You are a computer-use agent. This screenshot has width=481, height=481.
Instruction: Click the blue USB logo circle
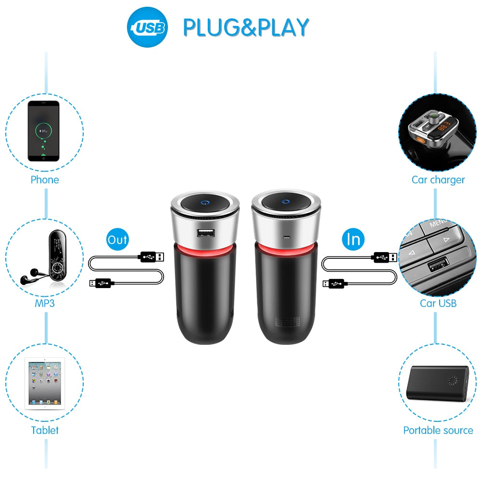point(147,27)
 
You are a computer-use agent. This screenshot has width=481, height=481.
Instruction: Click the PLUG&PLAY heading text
point(246,27)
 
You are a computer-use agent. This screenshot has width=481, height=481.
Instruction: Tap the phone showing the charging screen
point(44,131)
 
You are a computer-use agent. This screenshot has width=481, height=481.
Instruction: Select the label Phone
point(45,180)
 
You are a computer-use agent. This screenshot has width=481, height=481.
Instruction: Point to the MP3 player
point(57,256)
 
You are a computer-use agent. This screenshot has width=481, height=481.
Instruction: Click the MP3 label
point(45,304)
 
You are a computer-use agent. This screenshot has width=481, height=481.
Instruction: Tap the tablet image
point(45,383)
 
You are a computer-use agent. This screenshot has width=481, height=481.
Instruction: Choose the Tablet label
point(45,430)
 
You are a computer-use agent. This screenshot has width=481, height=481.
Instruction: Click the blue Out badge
point(117,239)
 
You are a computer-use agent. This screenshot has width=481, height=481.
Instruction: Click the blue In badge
point(354,239)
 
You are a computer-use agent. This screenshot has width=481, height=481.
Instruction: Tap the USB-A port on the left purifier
point(206,234)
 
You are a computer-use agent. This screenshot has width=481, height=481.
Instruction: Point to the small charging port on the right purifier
point(287,237)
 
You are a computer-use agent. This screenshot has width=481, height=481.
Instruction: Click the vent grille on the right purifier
point(288,322)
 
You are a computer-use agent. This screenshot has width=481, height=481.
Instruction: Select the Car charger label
point(438,180)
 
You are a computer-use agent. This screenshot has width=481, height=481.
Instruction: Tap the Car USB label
point(438,304)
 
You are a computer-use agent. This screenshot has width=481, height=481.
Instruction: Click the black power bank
point(437,383)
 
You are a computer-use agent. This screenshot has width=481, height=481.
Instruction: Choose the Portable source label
point(438,430)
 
